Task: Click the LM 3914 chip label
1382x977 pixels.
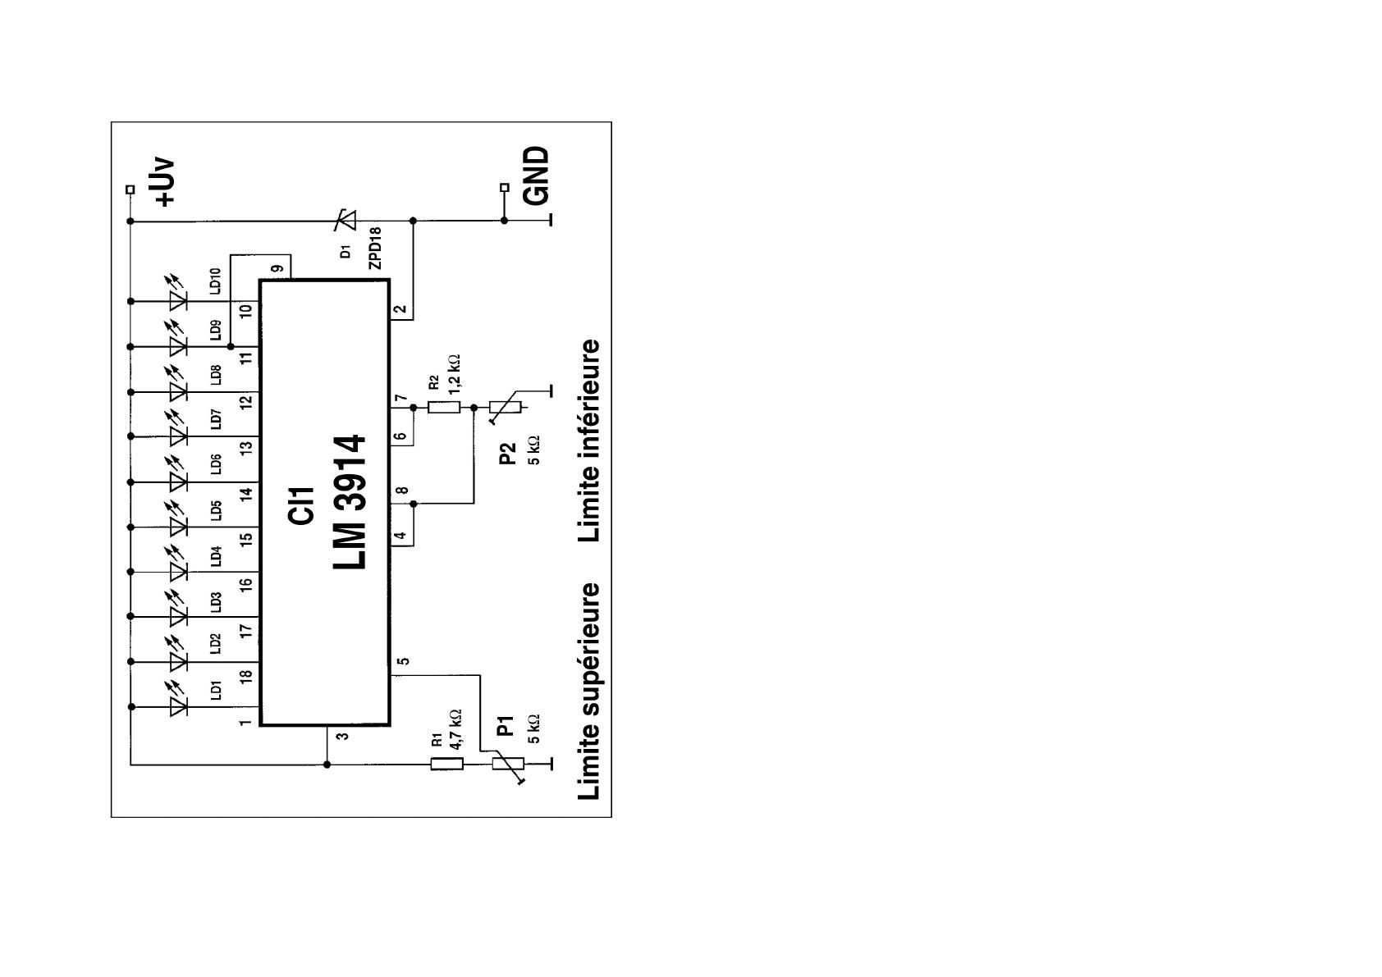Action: [350, 502]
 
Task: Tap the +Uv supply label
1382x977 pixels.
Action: [165, 183]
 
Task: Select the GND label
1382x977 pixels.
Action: [536, 176]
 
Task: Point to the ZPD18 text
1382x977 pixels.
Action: [374, 249]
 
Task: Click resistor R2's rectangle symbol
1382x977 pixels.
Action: [444, 407]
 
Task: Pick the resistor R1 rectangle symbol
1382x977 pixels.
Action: [446, 765]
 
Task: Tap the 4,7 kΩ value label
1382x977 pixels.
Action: [455, 730]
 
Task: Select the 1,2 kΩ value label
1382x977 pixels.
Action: [454, 374]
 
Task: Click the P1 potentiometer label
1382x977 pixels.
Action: [506, 726]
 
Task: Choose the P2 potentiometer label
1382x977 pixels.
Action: [507, 454]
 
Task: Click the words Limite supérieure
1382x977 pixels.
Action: [588, 692]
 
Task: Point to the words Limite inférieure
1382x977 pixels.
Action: [588, 441]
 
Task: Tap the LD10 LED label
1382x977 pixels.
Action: [215, 281]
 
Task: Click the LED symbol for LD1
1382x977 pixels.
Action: [178, 707]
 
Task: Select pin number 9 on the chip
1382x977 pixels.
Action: [277, 268]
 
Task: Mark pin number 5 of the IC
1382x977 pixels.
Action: [403, 661]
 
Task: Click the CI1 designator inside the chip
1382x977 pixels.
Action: [301, 506]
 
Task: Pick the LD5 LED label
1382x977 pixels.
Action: [215, 511]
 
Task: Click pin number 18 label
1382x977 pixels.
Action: [246, 676]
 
